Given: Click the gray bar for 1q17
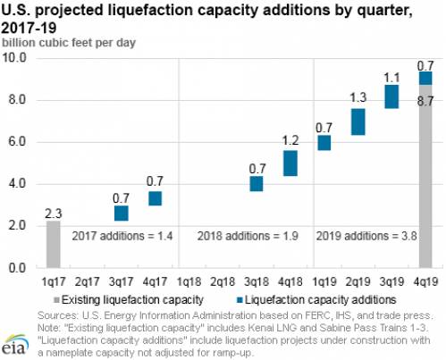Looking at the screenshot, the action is point(54,244).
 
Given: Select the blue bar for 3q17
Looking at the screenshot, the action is point(122,213).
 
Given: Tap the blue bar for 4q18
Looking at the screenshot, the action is point(290,163).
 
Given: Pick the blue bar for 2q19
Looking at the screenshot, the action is point(358,121).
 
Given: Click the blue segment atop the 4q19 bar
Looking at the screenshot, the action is point(425,79).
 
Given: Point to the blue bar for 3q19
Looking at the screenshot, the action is point(391,96).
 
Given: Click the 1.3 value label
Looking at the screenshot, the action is point(358,97).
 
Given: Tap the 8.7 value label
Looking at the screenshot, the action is point(425,101).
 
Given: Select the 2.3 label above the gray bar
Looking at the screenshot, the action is point(54,213).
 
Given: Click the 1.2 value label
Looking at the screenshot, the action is point(290,140).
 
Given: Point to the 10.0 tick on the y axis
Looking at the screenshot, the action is point(15,57).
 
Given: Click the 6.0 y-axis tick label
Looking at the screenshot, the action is point(17,141).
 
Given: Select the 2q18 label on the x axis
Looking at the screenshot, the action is point(223,281).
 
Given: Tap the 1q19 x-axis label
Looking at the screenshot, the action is point(324,281).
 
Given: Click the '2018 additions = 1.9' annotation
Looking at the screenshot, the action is point(248,236).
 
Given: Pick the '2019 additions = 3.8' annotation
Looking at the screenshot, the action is point(366,236).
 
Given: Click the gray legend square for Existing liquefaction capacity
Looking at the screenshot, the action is point(56,300).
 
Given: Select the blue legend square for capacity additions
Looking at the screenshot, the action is point(240,300).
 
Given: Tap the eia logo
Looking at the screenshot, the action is point(15,345).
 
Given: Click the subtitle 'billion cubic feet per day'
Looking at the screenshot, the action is point(69,43).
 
